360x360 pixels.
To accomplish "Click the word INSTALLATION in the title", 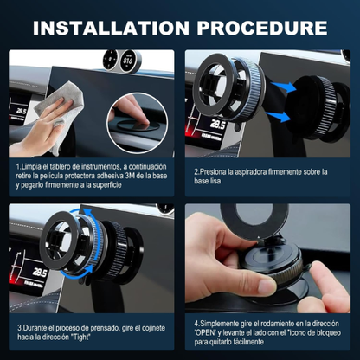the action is tap(111, 28).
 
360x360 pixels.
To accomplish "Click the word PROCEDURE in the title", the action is tap(262, 28).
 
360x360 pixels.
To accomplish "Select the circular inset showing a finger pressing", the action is tap(138, 122).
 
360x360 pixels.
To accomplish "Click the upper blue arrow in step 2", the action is tap(284, 87).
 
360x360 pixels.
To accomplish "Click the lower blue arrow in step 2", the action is tap(278, 117).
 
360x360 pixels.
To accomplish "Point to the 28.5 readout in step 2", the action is tap(217, 125).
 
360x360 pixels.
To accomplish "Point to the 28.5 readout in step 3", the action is tap(40, 272).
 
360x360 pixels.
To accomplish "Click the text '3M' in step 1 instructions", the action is tap(129, 176).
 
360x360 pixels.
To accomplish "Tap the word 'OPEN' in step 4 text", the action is tap(205, 332).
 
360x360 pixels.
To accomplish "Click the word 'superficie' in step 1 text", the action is tap(107, 185).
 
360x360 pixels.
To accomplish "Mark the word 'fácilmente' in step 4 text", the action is tap(248, 342).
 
